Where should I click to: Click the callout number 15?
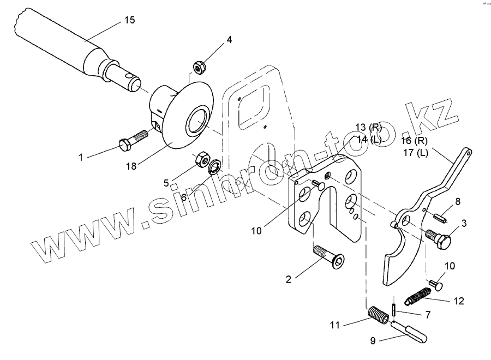pos(129,20)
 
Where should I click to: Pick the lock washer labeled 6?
pos(214,165)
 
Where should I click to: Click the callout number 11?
pos(334,326)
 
